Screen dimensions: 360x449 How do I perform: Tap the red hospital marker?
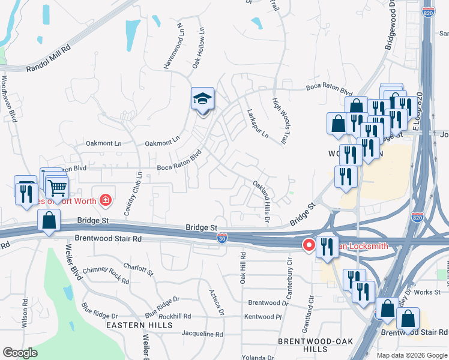click(x=106, y=199)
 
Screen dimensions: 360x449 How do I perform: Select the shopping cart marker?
click(x=57, y=188)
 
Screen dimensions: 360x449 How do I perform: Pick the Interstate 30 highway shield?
click(x=222, y=238)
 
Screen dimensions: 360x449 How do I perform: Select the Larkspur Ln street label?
click(x=258, y=123)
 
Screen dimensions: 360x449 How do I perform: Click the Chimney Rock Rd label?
click(x=106, y=275)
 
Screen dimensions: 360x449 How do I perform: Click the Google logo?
click(x=20, y=352)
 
